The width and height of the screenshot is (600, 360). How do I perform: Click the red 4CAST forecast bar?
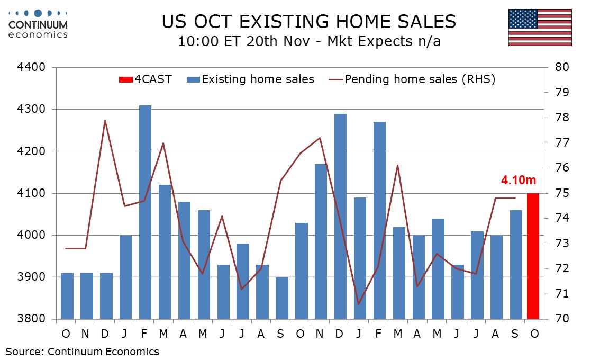pos(533,256)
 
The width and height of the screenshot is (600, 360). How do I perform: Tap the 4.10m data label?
pos(517,181)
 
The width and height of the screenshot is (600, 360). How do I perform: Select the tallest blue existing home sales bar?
pos(146,212)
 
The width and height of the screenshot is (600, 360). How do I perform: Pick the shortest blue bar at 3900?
pos(283,298)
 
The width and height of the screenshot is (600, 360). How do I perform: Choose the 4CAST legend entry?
pos(145,80)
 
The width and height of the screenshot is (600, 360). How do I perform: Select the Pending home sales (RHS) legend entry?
pos(412,80)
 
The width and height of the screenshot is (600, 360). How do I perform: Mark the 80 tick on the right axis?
pos(560,68)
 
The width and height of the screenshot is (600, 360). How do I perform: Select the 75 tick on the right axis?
pos(560,193)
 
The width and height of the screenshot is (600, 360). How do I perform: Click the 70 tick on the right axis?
pos(560,319)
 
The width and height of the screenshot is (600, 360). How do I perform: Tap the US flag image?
pos(540,28)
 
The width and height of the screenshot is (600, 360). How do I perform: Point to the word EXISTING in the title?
pos(280,22)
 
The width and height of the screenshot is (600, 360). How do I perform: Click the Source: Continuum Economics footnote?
pos(83,351)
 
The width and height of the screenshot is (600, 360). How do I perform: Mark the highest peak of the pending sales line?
pos(105,120)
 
